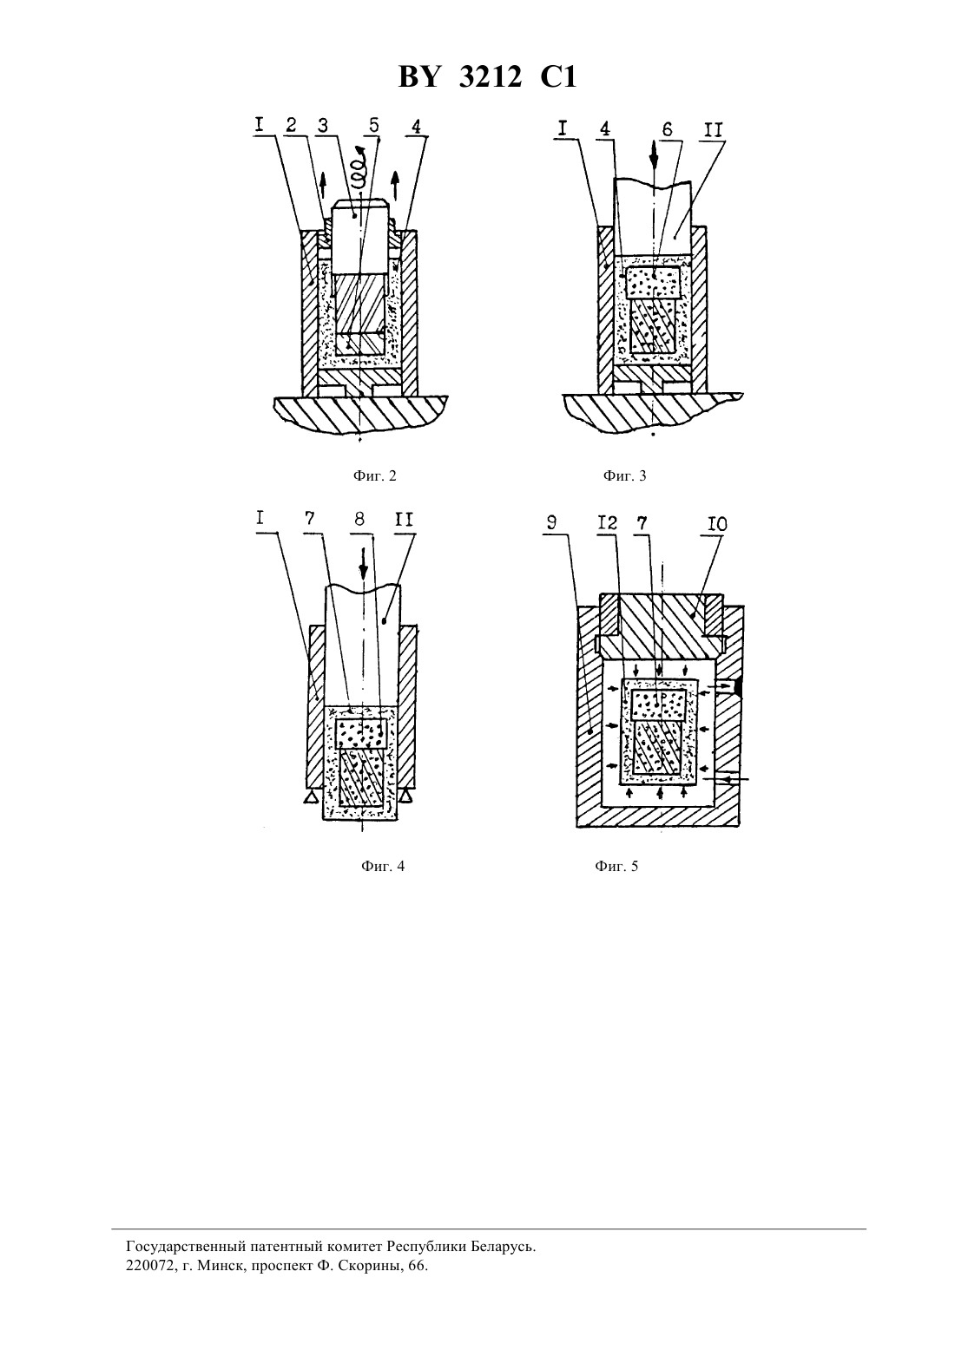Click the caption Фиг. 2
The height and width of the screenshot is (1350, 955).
(x=374, y=476)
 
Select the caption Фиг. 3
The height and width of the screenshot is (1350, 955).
(x=624, y=476)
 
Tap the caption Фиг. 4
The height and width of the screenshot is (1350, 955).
(x=383, y=867)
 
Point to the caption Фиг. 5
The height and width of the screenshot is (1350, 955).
(x=616, y=867)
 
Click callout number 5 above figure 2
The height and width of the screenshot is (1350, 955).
(x=374, y=125)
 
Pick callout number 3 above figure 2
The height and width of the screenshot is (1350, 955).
(x=323, y=125)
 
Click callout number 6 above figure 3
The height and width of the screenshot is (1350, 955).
(x=667, y=129)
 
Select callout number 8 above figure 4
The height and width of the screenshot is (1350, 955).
(x=359, y=519)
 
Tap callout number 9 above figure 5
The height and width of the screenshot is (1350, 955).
(x=550, y=522)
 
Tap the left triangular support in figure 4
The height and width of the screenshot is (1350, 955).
(x=312, y=797)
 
